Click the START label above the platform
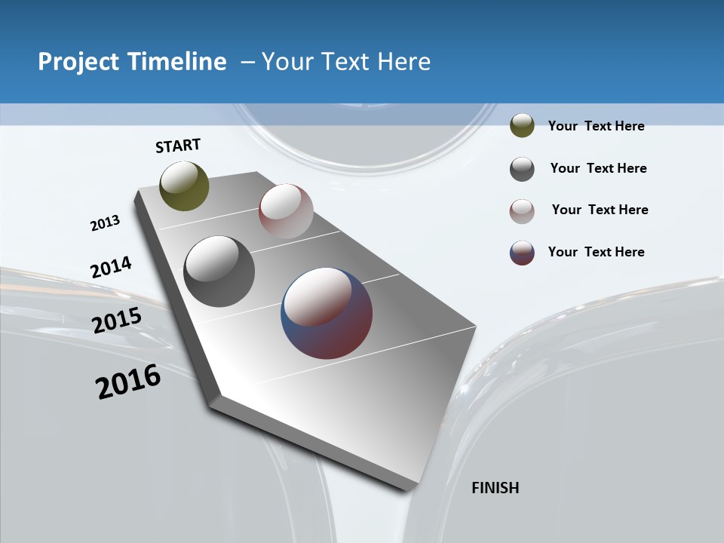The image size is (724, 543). [x=178, y=146]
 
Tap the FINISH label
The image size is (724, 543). [x=495, y=488]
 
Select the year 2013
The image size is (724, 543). [x=106, y=223]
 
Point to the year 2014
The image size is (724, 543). [x=111, y=268]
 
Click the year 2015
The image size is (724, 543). [x=117, y=321]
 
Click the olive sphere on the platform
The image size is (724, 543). [x=185, y=186]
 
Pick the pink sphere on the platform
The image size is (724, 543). [x=286, y=211]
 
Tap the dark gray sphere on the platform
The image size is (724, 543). [x=219, y=271]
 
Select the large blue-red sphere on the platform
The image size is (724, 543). [x=327, y=313]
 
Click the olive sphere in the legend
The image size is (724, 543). [x=522, y=126]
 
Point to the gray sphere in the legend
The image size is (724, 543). [x=522, y=169]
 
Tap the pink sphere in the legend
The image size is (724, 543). [x=522, y=211]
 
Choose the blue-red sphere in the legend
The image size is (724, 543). [x=522, y=253]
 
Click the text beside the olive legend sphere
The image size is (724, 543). [x=596, y=126]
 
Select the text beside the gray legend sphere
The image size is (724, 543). [x=598, y=168]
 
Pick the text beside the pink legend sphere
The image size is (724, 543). [x=600, y=210]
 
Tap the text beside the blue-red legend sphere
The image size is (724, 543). [x=596, y=252]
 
